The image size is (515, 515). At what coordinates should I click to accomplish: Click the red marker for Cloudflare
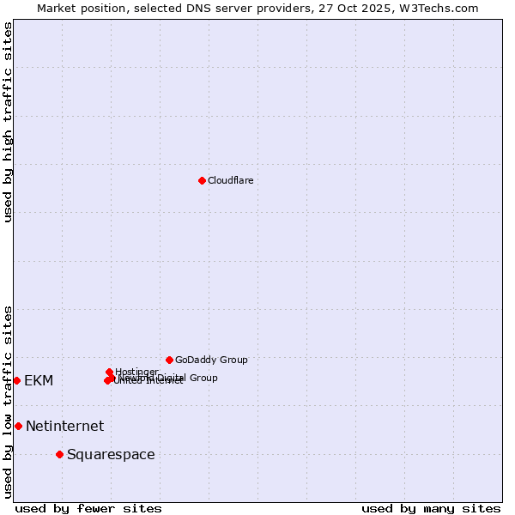pyautogui.click(x=202, y=180)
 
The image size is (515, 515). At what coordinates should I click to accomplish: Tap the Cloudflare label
pyautogui.click(x=230, y=180)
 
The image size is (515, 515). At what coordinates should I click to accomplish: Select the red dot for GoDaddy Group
pyautogui.click(x=169, y=360)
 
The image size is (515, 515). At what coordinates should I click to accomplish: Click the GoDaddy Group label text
pyautogui.click(x=211, y=360)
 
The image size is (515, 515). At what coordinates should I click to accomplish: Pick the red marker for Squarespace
pyautogui.click(x=59, y=454)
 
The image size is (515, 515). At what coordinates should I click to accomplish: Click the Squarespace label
pyautogui.click(x=111, y=454)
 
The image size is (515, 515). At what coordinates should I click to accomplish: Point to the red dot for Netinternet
pyautogui.click(x=18, y=426)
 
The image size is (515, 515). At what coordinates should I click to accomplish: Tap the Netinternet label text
pyautogui.click(x=64, y=426)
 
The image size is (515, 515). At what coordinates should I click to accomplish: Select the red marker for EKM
pyautogui.click(x=16, y=380)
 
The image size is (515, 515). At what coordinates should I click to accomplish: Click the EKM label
pyautogui.click(x=39, y=380)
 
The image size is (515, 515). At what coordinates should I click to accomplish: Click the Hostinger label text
pyautogui.click(x=136, y=372)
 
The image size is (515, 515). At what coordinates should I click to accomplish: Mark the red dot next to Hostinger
pyautogui.click(x=109, y=372)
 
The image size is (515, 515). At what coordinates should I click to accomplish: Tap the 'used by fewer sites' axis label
pyautogui.click(x=88, y=508)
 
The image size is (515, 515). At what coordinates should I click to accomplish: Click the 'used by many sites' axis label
pyautogui.click(x=431, y=508)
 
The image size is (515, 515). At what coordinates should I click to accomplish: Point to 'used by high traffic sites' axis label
pyautogui.click(x=8, y=122)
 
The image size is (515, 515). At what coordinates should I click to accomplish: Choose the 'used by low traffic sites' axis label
pyautogui.click(x=8, y=402)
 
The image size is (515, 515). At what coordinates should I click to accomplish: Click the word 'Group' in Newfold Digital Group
pyautogui.click(x=203, y=378)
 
